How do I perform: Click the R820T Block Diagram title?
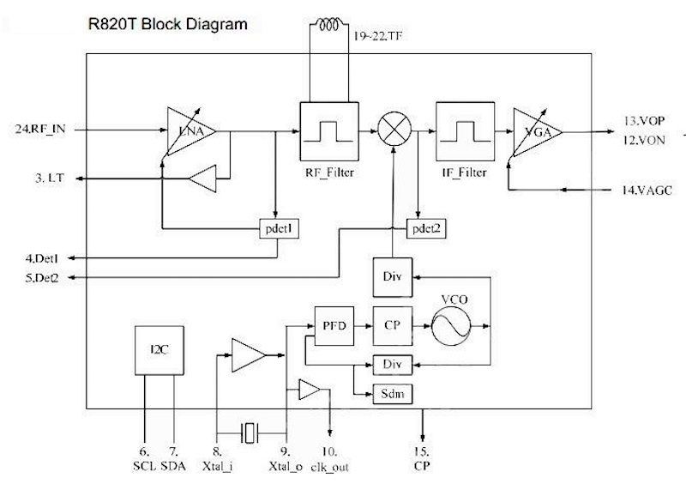click(x=168, y=23)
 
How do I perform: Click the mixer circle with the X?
click(x=394, y=130)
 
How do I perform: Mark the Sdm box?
click(x=391, y=394)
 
